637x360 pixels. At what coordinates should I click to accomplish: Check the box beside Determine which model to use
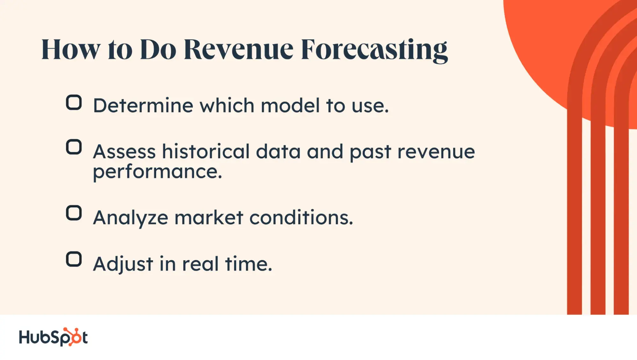point(74,103)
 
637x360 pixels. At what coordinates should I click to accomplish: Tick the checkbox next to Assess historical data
point(74,147)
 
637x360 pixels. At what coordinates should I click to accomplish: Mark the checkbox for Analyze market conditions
point(74,213)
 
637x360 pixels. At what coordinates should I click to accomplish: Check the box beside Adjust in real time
point(74,259)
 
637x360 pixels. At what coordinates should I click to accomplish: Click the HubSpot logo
point(53,337)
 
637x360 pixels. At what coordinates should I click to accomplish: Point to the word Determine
point(143,105)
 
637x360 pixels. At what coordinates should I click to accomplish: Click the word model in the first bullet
point(290,105)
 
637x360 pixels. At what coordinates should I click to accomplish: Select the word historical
point(206,151)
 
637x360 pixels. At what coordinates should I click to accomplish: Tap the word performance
point(157,172)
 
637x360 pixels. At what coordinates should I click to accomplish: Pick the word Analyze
point(131,218)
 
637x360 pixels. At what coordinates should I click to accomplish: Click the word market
point(209,218)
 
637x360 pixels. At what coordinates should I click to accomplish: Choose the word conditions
point(301,218)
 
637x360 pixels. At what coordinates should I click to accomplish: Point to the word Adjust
point(123,264)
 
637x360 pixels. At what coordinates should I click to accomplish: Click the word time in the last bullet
point(249,264)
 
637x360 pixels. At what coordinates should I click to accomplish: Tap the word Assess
point(125,151)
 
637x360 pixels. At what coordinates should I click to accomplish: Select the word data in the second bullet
point(279,151)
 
